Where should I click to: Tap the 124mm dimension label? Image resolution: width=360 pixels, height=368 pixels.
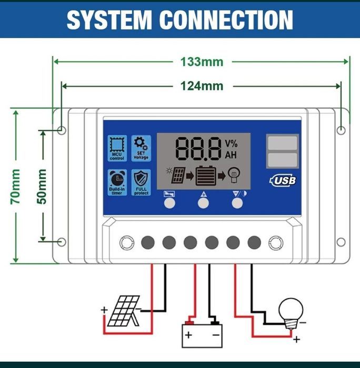(x=202, y=86)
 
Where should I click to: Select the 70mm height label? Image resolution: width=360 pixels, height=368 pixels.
(x=16, y=186)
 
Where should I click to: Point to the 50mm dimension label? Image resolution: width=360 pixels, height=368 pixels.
(x=42, y=186)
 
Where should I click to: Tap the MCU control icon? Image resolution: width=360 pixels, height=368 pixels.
(x=117, y=148)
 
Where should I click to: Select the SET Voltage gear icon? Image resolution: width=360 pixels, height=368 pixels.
(x=141, y=148)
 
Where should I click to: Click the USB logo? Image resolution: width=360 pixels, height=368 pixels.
(x=283, y=180)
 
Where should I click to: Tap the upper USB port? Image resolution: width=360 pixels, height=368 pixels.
(x=282, y=143)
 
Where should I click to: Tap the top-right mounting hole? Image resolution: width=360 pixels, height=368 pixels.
(x=342, y=130)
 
